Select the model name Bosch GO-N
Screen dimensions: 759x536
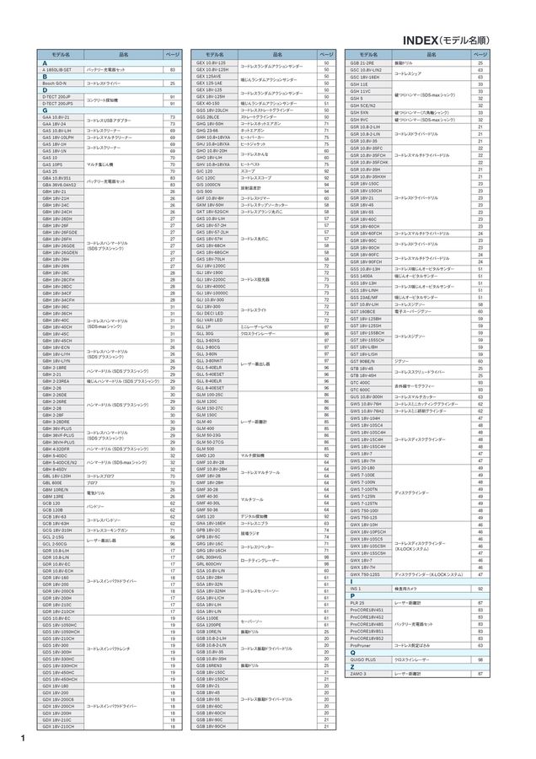pos(53,84)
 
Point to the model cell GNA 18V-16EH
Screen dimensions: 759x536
pos(211,523)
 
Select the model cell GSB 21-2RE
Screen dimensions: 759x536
pos(362,63)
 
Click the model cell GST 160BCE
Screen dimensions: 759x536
pos(362,311)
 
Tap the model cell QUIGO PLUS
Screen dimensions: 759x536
pos(364,659)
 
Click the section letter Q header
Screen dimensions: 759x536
pos(351,652)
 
